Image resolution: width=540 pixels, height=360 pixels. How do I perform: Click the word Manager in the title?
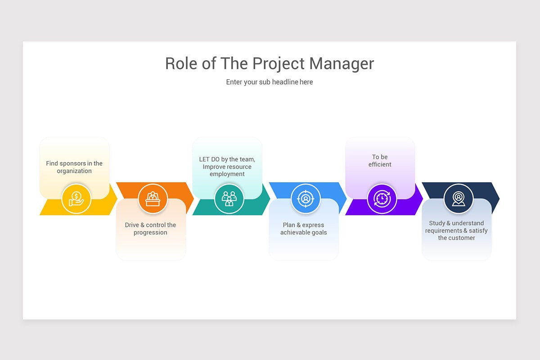[342, 63]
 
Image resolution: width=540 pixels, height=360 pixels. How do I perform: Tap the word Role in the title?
[181, 63]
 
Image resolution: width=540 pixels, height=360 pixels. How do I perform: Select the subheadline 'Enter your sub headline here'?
[270, 82]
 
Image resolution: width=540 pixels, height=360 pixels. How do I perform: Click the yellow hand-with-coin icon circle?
[76, 199]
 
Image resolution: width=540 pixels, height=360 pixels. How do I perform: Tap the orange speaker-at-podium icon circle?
[153, 199]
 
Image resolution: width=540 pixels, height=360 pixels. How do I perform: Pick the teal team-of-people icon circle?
[229, 199]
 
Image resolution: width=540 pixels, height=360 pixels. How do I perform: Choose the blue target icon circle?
[306, 199]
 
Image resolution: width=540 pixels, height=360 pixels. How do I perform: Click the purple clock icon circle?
[382, 199]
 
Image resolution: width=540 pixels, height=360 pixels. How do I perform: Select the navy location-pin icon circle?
[458, 199]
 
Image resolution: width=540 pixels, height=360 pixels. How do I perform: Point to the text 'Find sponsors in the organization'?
[74, 167]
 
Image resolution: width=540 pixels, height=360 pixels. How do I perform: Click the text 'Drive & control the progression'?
[150, 229]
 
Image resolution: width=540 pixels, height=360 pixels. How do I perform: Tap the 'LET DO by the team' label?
[227, 159]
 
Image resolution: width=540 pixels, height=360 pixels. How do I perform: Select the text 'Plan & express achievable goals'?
[303, 229]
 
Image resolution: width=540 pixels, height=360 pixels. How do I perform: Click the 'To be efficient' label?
[380, 161]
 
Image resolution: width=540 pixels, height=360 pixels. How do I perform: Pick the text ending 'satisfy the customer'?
[456, 230]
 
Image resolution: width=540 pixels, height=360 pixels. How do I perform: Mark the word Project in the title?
[279, 64]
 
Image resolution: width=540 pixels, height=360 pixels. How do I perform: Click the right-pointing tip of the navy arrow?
[499, 199]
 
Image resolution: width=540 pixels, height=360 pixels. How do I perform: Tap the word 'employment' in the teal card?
[227, 174]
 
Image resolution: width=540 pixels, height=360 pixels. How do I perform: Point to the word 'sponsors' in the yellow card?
[72, 164]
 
